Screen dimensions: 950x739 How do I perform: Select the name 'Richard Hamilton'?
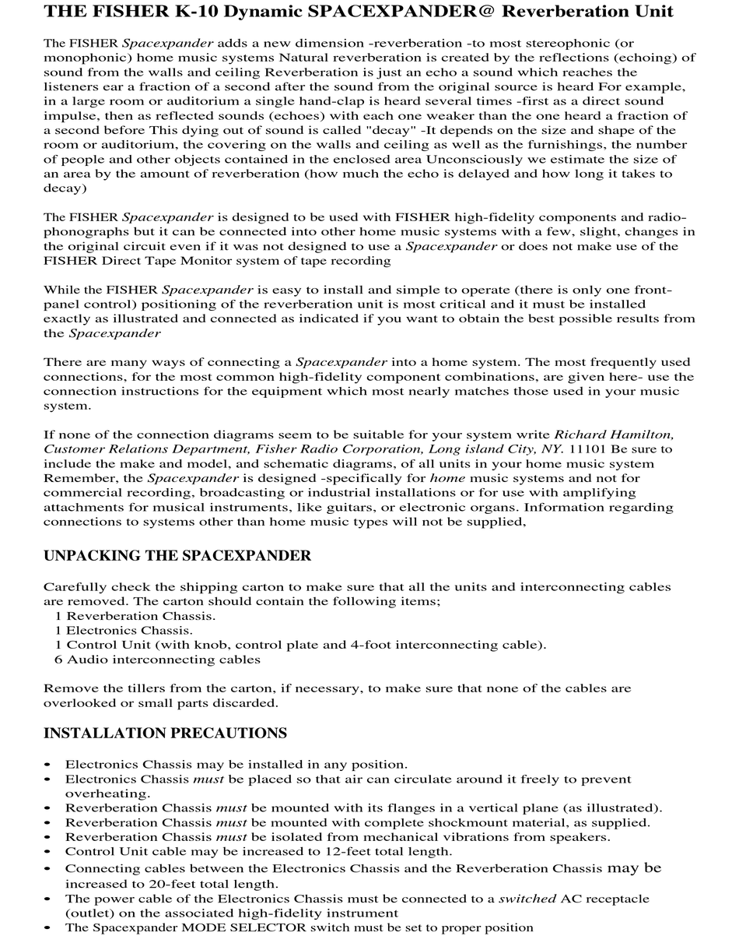click(x=614, y=435)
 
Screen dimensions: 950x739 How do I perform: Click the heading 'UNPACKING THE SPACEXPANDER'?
click(x=177, y=556)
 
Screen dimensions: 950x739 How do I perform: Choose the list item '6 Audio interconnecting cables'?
click(x=157, y=660)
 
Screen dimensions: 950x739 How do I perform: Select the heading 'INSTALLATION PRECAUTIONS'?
click(x=165, y=734)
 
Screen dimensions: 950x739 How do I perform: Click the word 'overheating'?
click(x=107, y=793)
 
